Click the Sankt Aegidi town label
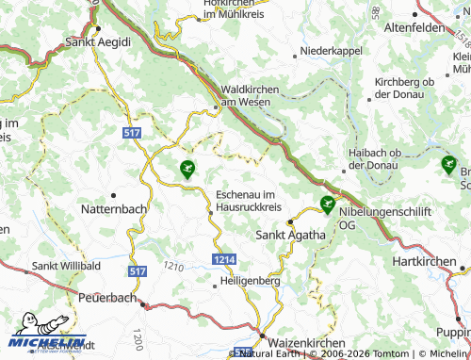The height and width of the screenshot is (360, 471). (x=98, y=42)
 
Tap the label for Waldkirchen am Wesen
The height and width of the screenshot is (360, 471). (x=250, y=95)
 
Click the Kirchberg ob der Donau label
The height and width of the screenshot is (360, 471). (x=404, y=89)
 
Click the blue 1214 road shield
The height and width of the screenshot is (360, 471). (x=223, y=258)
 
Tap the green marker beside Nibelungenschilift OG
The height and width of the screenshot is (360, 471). (x=327, y=204)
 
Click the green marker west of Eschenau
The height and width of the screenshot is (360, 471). (x=187, y=170)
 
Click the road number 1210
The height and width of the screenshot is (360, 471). (x=172, y=268)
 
